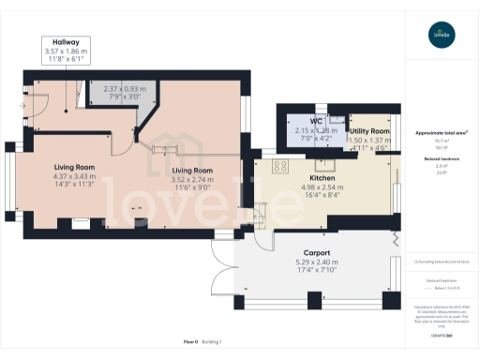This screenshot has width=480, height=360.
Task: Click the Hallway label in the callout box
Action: click(66, 41)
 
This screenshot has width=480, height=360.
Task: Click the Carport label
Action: click(316, 252)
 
